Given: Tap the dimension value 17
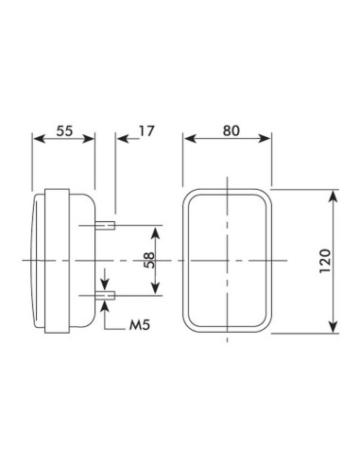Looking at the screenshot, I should coord(146,131).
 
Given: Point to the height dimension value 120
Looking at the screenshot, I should coord(325,260).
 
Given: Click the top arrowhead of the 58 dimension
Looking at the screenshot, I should coord(157,230).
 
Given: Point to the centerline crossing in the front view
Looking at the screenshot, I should coord(227,260).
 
